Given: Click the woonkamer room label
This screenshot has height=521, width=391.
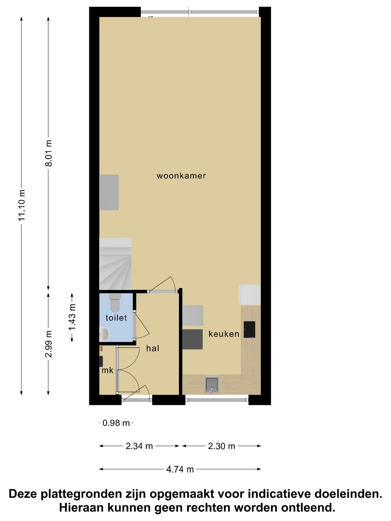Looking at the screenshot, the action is [181, 176].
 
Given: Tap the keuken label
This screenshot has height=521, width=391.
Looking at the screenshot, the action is [224, 334].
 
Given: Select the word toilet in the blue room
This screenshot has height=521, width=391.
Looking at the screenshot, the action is [116, 318].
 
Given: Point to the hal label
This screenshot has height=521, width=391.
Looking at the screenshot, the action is [153, 348].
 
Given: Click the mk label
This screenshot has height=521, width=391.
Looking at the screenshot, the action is [107, 370].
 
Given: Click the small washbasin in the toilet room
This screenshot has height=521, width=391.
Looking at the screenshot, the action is [104, 334].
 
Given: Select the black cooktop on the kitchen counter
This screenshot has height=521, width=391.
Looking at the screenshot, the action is [249, 329].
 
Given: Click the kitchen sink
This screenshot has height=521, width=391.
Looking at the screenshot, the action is [212, 384].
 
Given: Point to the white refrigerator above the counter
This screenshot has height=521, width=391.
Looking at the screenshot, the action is [250, 295].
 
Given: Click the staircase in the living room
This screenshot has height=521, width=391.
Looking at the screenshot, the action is [115, 264].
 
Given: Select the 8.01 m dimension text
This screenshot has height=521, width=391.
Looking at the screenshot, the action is [48, 153].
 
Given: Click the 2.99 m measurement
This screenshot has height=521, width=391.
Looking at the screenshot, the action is [48, 344].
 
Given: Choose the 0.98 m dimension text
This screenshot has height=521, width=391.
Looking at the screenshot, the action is [116, 423].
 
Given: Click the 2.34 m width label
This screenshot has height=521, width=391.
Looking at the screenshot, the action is [139, 446].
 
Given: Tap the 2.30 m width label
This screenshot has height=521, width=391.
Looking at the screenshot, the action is [221, 446].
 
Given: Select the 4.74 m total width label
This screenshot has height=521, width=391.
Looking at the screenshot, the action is [180, 469].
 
